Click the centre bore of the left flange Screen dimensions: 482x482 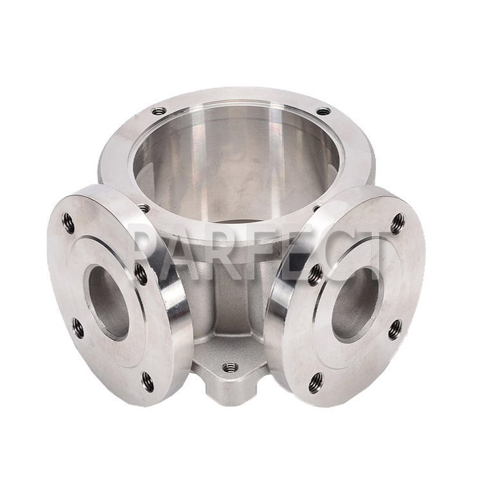[107, 303]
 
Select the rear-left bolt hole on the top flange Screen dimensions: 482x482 [159, 110]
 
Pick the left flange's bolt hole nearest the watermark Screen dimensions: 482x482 [141, 274]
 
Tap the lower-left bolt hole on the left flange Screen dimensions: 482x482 [78, 328]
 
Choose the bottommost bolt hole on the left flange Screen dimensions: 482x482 [148, 382]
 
